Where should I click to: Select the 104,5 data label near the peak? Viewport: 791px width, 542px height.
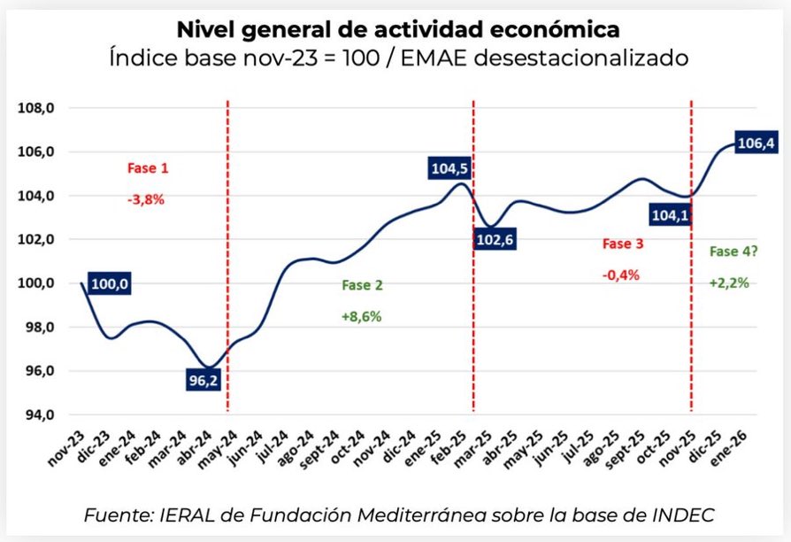pyautogui.click(x=449, y=167)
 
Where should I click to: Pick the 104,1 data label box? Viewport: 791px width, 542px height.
pyautogui.click(x=669, y=214)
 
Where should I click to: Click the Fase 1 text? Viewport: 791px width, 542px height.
pyautogui.click(x=147, y=167)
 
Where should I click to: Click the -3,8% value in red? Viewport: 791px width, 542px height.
pyautogui.click(x=146, y=199)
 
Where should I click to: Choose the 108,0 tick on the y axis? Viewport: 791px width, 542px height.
pyautogui.click(x=37, y=108)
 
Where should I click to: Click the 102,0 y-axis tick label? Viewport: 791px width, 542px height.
pyautogui.click(x=37, y=239)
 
